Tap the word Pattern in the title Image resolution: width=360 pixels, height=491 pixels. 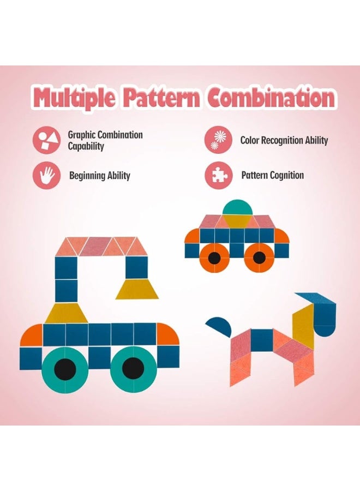[161, 98]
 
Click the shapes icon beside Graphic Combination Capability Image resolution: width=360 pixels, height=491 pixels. [47, 140]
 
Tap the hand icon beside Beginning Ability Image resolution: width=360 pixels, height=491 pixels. [47, 175]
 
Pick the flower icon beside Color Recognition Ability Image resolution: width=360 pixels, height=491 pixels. [219, 140]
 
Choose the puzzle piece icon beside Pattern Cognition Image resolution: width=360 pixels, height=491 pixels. [219, 175]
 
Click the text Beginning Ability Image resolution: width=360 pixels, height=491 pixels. [100, 175]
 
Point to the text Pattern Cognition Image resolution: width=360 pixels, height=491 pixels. [272, 175]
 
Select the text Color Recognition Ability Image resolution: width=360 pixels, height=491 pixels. [284, 140]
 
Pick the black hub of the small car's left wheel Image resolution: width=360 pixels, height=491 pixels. [214, 258]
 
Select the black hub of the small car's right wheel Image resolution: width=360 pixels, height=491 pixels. [259, 258]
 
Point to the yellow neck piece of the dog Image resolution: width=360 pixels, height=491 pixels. [303, 327]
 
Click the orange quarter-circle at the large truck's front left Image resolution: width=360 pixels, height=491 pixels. [32, 335]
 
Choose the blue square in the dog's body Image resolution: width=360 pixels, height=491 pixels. [262, 340]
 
